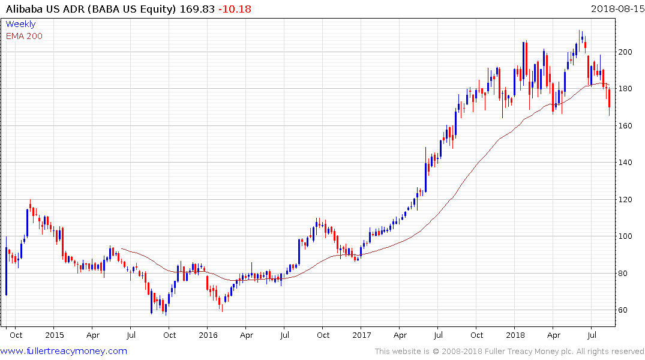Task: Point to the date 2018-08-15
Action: (615, 9)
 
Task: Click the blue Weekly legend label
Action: (20, 24)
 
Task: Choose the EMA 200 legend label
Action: (24, 36)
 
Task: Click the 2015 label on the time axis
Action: (54, 335)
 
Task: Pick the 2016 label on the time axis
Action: (208, 335)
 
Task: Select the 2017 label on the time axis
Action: (361, 335)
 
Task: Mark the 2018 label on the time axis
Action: (515, 335)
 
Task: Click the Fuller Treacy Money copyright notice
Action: (509, 351)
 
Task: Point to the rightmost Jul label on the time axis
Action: (592, 335)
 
